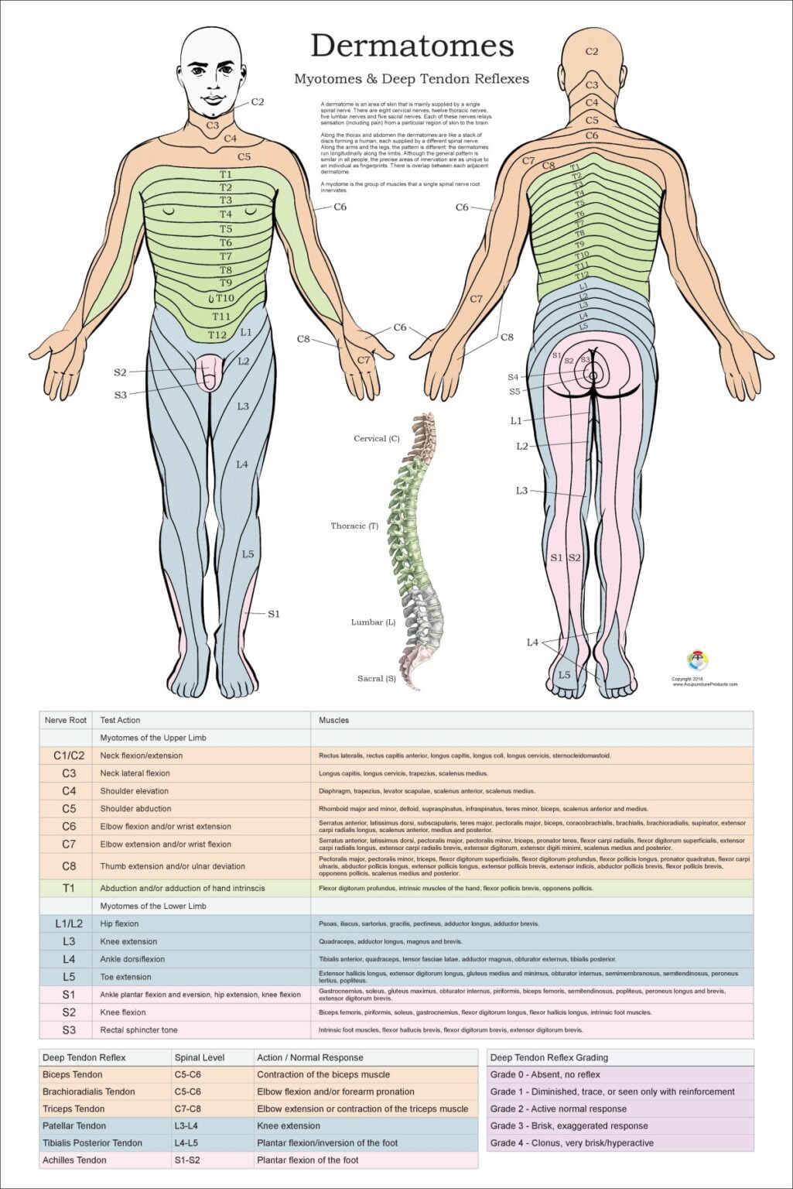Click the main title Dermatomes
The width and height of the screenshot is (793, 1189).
[412, 46]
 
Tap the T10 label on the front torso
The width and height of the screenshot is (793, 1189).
[224, 298]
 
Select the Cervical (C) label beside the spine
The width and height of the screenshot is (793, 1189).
[376, 439]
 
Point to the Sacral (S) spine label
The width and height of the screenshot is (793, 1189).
[376, 679]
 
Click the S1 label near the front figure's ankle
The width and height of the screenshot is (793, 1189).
[273, 614]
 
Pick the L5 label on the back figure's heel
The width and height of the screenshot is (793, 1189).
[564, 675]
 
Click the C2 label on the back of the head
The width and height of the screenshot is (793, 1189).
[592, 52]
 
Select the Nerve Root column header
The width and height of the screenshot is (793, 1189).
[66, 720]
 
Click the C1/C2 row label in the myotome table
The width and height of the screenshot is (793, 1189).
[69, 756]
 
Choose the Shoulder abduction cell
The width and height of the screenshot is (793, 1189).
[135, 809]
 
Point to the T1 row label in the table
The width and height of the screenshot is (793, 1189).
[69, 888]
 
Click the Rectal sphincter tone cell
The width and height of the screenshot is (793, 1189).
[138, 1030]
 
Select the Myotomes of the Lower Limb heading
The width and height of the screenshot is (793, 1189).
[153, 906]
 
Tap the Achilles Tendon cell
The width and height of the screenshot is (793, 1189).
[74, 1160]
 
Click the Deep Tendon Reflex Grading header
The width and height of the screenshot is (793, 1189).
[549, 1057]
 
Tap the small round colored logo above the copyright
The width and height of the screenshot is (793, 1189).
[698, 660]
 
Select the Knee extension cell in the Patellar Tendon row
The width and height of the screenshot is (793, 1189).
[289, 1126]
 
